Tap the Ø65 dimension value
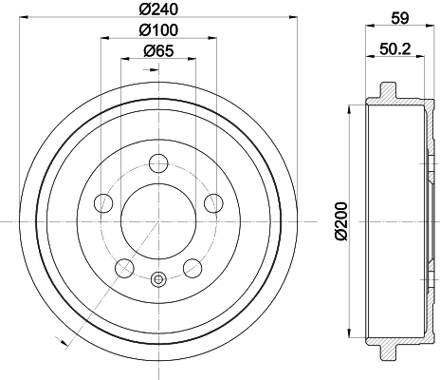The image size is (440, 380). click(x=157, y=53)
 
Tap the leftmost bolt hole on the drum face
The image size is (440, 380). click(x=102, y=201)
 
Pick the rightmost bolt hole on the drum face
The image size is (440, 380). click(x=213, y=201)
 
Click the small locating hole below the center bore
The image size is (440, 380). click(x=158, y=278)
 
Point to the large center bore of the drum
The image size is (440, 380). click(x=158, y=218)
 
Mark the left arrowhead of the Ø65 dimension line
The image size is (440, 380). click(x=123, y=61)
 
